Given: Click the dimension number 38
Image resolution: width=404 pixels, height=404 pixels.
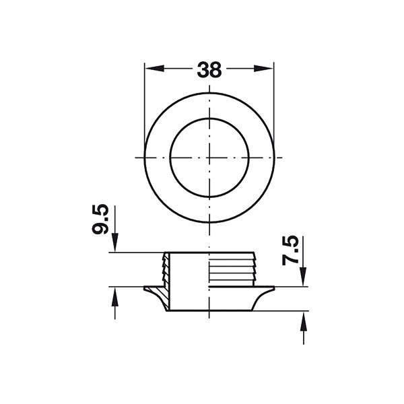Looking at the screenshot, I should [209, 69].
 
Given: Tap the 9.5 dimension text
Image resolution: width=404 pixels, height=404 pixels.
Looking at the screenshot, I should [101, 220].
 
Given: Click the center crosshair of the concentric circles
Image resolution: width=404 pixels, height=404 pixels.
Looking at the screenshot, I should [209, 158].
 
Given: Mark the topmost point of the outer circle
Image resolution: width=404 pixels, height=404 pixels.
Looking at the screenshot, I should [209, 94].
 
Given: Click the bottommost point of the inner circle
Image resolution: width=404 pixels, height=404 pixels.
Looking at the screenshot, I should [209, 197].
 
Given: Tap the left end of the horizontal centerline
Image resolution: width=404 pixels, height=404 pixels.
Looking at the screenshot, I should [137, 158].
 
